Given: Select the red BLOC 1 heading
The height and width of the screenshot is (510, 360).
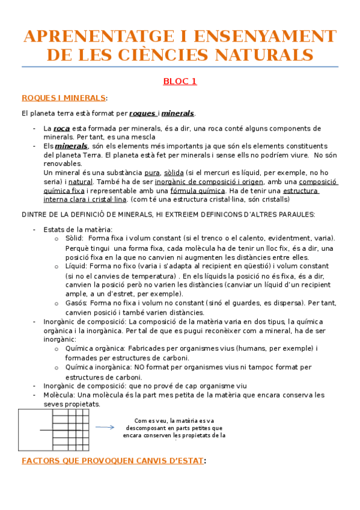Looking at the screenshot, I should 180,81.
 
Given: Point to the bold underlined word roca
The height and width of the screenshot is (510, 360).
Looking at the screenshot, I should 61,128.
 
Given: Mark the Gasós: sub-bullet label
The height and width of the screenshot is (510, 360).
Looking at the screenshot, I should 76,303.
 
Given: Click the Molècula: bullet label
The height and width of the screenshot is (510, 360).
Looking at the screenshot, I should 59,395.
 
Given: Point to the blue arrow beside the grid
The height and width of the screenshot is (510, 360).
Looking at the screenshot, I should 105,427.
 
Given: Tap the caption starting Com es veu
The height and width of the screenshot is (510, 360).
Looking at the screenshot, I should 174,428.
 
